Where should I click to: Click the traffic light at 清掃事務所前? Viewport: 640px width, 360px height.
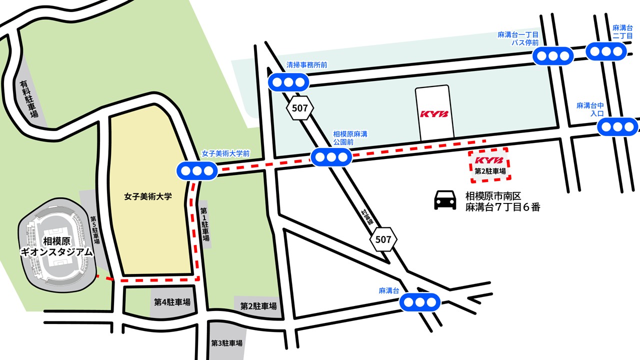[x=288, y=82]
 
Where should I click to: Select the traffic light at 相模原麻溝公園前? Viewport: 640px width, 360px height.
[x=331, y=157]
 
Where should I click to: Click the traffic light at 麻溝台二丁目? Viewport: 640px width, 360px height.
[x=606, y=51]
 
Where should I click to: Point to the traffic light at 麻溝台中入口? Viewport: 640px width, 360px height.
[x=617, y=126]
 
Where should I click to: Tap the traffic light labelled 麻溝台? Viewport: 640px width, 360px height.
[x=420, y=302]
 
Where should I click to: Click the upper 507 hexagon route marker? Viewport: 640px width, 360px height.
[x=300, y=107]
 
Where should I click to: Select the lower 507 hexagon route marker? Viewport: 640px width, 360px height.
[x=383, y=239]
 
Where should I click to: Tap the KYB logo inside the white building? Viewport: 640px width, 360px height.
[x=434, y=114]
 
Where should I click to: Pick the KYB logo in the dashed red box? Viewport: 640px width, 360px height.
[x=488, y=160]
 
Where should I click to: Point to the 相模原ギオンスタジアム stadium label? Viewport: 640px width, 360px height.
[x=56, y=247]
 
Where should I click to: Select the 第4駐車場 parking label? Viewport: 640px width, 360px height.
[x=172, y=302]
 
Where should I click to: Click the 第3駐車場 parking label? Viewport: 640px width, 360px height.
[x=227, y=343]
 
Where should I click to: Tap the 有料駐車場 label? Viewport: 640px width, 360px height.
[x=29, y=99]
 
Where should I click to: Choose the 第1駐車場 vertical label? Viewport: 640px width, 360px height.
[x=205, y=224]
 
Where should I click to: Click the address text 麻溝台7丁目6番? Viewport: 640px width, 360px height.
[x=502, y=207]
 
